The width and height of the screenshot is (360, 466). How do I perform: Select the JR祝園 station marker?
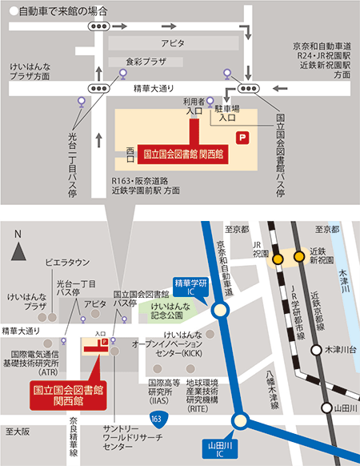pyautogui.click(x=277, y=258)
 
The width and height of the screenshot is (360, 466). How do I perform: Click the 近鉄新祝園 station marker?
pyautogui.click(x=300, y=257)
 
